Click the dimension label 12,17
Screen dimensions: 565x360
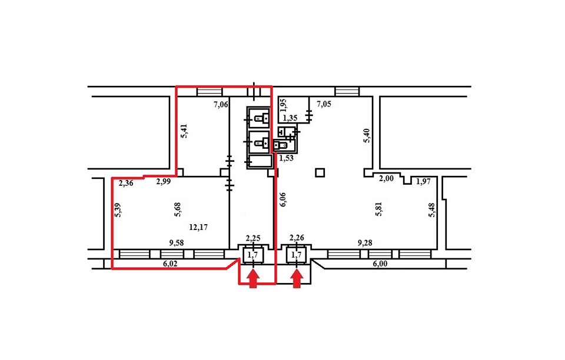click(198, 227)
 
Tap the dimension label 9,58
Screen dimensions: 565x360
click(177, 243)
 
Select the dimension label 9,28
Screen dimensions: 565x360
click(365, 243)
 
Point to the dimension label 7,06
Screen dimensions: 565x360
click(221, 105)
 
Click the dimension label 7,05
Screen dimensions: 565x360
click(324, 104)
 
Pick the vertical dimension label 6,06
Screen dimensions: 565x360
click(283, 199)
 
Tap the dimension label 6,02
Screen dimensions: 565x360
click(171, 264)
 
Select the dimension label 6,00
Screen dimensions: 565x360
click(380, 264)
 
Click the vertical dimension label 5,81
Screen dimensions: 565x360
click(378, 209)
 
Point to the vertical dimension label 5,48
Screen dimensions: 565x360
click(431, 210)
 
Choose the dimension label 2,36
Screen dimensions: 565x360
click(126, 184)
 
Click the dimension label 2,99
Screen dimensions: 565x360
click(163, 182)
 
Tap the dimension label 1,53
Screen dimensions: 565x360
click(287, 158)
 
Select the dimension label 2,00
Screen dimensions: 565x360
click(386, 178)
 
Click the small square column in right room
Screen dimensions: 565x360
click(320, 173)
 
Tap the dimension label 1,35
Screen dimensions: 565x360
click(290, 118)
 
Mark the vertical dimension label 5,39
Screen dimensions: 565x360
click(118, 211)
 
